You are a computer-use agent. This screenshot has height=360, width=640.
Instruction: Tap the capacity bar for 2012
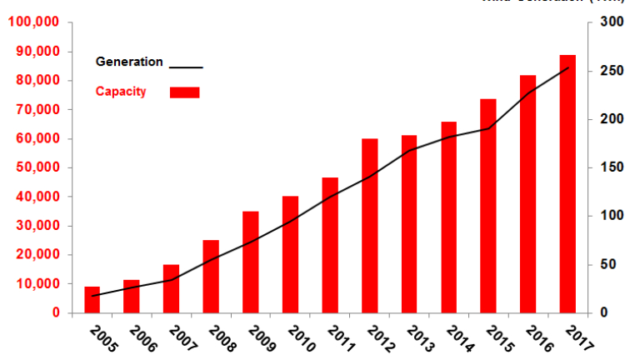(x=369, y=226)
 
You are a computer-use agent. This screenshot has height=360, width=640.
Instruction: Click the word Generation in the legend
(x=129, y=62)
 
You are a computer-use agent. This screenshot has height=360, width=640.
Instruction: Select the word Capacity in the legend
(x=121, y=92)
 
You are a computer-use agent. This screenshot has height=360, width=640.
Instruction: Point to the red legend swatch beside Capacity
(x=185, y=92)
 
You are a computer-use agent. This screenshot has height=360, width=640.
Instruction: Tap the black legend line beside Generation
(x=186, y=66)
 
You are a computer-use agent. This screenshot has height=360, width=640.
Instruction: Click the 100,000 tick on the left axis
(x=32, y=22)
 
